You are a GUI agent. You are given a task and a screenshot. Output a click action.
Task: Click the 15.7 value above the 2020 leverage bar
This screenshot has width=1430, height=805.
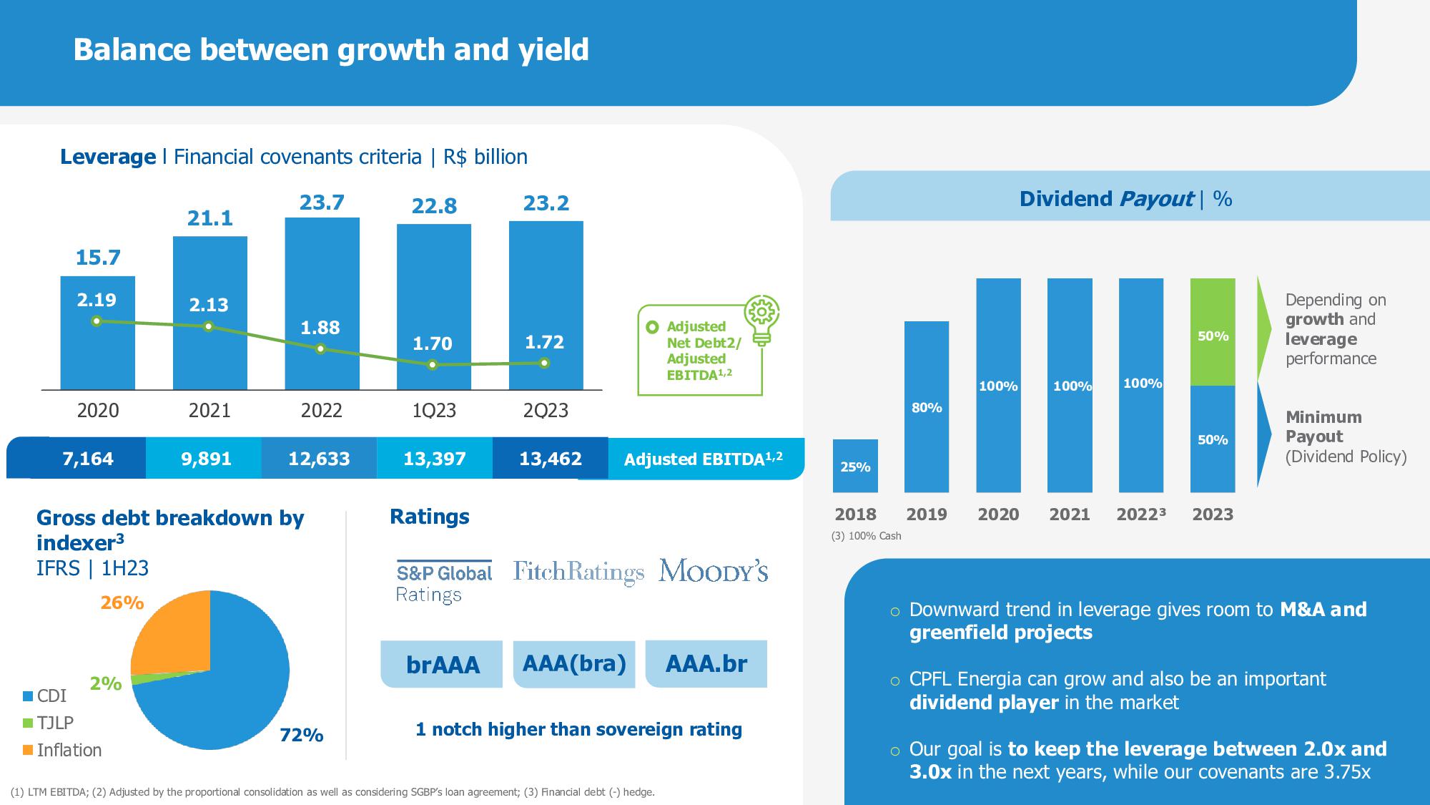pyautogui.click(x=98, y=258)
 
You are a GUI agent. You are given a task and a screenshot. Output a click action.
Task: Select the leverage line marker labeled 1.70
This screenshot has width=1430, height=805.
pyautogui.click(x=433, y=365)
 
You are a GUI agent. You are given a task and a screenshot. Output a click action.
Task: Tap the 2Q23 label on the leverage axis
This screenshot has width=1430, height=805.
pyautogui.click(x=546, y=411)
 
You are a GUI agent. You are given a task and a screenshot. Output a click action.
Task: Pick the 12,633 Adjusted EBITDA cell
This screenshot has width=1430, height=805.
pyautogui.click(x=319, y=459)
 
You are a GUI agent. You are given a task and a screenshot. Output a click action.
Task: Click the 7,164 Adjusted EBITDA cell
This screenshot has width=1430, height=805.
pyautogui.click(x=88, y=459)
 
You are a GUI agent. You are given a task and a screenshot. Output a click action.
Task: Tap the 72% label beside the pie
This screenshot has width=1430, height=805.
pyautogui.click(x=301, y=735)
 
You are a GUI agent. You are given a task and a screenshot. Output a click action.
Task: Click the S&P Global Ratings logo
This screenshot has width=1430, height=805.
pyautogui.click(x=444, y=582)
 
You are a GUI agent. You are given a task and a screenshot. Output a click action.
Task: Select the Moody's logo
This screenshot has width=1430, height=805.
pyautogui.click(x=713, y=571)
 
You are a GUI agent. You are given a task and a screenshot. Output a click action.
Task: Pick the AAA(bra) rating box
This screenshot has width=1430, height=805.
pyautogui.click(x=574, y=664)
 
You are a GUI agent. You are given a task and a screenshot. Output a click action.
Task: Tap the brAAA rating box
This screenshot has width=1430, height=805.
pyautogui.click(x=443, y=665)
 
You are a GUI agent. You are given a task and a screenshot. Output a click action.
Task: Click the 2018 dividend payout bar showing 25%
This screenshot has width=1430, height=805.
pyautogui.click(x=855, y=466)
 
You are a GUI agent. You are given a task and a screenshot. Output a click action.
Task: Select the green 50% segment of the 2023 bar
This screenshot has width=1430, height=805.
pyautogui.click(x=1213, y=332)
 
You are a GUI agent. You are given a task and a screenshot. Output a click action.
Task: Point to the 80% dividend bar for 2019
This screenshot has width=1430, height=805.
pyautogui.click(x=927, y=406)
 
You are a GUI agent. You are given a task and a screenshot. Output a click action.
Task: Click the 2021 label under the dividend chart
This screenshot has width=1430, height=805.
pyautogui.click(x=1070, y=514)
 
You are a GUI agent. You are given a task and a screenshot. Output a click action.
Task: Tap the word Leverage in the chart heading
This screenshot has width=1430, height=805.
pyautogui.click(x=108, y=157)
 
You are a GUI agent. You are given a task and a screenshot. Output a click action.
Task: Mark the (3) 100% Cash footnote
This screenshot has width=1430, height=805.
pyautogui.click(x=866, y=536)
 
